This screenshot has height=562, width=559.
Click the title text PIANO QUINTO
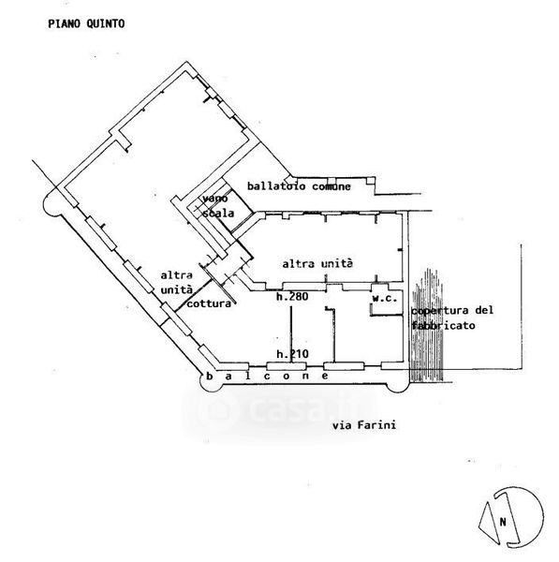pyautogui.click(x=86, y=23)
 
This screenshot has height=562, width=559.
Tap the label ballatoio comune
pyautogui.click(x=299, y=186)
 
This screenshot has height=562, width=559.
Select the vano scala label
pyautogui.click(x=218, y=206)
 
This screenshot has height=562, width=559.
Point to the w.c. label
pyautogui.click(x=385, y=298)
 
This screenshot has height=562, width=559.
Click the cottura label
pyautogui.click(x=209, y=303)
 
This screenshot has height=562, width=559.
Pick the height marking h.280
pyautogui.click(x=292, y=296)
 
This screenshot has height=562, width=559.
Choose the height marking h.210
pyautogui.click(x=292, y=354)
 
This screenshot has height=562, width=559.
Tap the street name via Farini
pyautogui.click(x=364, y=425)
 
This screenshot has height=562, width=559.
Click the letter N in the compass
pyautogui.click(x=503, y=522)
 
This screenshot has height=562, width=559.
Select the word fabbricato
pyautogui.click(x=443, y=325)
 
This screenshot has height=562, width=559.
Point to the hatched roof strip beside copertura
pyautogui.click(x=427, y=325)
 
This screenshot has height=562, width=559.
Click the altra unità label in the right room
pyautogui.click(x=317, y=264)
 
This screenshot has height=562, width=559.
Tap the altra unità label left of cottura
pyautogui.click(x=176, y=283)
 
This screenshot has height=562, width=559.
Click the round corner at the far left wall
pyautogui.click(x=51, y=203)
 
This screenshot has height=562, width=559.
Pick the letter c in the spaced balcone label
pyautogui.click(x=267, y=377)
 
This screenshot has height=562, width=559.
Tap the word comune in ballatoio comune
pyautogui.click(x=331, y=186)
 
